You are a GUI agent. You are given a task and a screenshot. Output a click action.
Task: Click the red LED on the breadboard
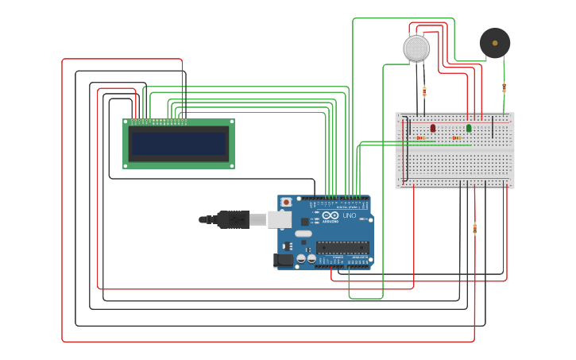pos(433,128)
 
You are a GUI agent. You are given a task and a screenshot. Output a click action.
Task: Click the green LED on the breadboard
pos(469,128)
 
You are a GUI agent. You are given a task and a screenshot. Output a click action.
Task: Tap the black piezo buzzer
pos(494,43)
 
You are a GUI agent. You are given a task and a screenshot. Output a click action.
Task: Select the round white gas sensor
pos(416,48)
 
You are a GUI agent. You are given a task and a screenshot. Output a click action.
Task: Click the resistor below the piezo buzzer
pos(504,87)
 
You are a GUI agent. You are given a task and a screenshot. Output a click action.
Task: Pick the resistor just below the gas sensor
pos(424,91)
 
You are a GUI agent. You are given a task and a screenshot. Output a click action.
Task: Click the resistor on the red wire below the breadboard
pos(474,229)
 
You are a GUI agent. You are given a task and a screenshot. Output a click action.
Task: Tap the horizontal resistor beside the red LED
pos(420,138)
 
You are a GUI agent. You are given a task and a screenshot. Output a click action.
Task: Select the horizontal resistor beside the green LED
pos(457,138)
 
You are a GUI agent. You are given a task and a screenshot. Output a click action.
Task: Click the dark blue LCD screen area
pos(179,144)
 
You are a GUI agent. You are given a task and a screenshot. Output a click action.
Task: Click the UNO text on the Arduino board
pos(350,215)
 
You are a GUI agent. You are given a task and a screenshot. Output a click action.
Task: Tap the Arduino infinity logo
pos(331,215)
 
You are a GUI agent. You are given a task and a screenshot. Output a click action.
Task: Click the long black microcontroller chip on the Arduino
pos(342,247)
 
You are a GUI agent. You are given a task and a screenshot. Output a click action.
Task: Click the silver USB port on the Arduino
pos(280,219)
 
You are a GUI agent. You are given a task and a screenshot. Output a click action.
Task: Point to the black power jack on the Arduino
pos(283,259)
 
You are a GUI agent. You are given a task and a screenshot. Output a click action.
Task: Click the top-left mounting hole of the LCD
pos(126,122)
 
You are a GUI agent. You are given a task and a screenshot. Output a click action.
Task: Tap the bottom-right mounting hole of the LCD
pos(231,165)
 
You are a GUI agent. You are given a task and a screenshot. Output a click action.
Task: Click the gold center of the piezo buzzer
pos(495,43)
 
